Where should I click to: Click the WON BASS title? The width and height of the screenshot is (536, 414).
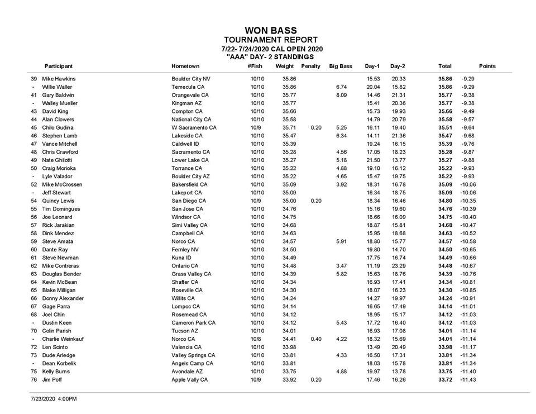[x=271, y=31]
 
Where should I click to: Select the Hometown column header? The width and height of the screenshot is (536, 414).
[x=185, y=66]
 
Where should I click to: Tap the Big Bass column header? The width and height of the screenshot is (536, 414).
[x=341, y=66]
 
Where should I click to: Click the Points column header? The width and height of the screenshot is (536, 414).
[x=487, y=66]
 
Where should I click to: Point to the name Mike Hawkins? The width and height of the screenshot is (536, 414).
[x=59, y=79]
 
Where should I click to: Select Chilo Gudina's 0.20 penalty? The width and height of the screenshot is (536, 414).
[x=316, y=128]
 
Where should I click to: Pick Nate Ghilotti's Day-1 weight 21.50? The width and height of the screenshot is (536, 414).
[x=373, y=160]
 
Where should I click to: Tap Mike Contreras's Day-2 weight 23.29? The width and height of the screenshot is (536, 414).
[x=398, y=266]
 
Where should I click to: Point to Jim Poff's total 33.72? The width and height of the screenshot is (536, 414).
[x=445, y=380]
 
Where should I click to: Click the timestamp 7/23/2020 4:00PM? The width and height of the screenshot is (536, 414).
[x=54, y=399]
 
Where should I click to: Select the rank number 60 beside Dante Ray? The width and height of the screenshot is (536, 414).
[x=33, y=250]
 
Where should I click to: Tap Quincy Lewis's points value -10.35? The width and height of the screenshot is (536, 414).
[x=468, y=201]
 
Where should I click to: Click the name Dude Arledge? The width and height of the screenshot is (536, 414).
[x=59, y=355]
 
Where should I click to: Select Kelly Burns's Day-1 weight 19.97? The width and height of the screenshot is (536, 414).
[x=373, y=372]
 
